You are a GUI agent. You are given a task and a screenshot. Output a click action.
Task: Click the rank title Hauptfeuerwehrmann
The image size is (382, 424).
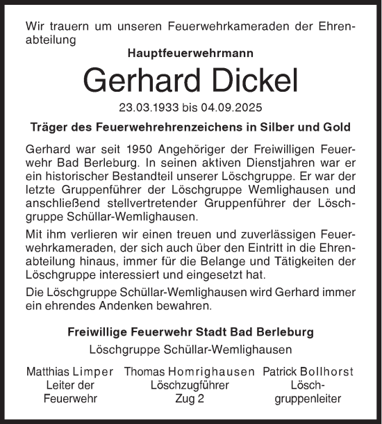pyautogui.click(x=190, y=52)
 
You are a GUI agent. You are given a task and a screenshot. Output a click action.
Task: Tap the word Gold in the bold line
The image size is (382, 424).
pyautogui.click(x=338, y=128)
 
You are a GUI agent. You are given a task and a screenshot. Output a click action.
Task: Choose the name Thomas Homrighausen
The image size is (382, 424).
pyautogui.click(x=189, y=372)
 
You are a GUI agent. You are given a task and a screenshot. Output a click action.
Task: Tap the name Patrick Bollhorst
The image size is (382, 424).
pyautogui.click(x=308, y=372)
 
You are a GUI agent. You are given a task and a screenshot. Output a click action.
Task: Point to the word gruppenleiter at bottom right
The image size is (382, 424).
pyautogui.click(x=308, y=399)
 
